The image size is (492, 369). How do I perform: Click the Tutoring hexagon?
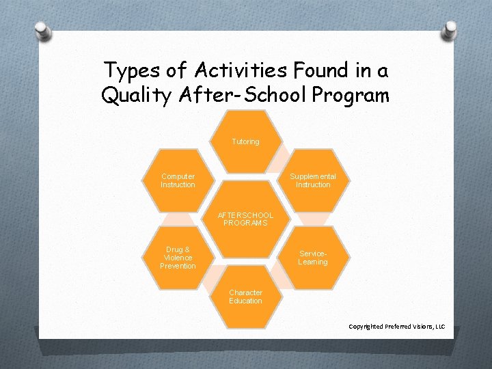pos(245,141)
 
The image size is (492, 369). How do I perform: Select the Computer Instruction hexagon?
pos(178,180)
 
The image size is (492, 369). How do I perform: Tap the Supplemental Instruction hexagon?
pos(313,180)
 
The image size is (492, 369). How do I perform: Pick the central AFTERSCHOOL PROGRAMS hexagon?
pos(245,219)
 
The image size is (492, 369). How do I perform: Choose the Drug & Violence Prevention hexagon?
pos(178,258)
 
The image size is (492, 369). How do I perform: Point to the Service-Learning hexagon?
pos(313,258)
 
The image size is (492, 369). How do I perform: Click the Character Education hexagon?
pos(245,297)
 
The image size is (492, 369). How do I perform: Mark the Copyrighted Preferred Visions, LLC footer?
pos(396,327)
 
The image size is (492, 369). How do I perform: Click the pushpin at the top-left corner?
pos(42,29)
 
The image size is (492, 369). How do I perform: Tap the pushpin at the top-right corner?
pos(450,29)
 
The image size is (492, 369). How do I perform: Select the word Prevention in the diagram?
pos(178,266)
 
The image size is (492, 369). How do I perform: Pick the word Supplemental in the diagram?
pos(313,176)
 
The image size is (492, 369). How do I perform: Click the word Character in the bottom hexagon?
pos(245,292)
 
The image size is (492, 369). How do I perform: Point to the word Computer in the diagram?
pos(178,176)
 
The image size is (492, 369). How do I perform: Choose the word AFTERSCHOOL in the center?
pos(245,215)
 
